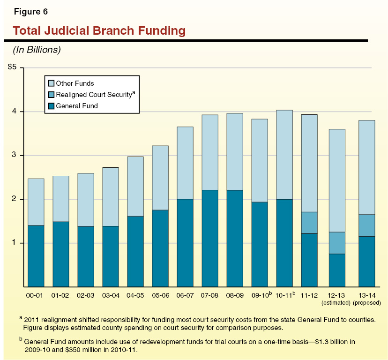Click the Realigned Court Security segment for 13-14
(358, 225)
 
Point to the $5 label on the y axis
(12, 67)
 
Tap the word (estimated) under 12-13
(334, 303)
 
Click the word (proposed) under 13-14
(359, 303)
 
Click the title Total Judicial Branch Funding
(99, 31)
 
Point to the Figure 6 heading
(30, 11)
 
